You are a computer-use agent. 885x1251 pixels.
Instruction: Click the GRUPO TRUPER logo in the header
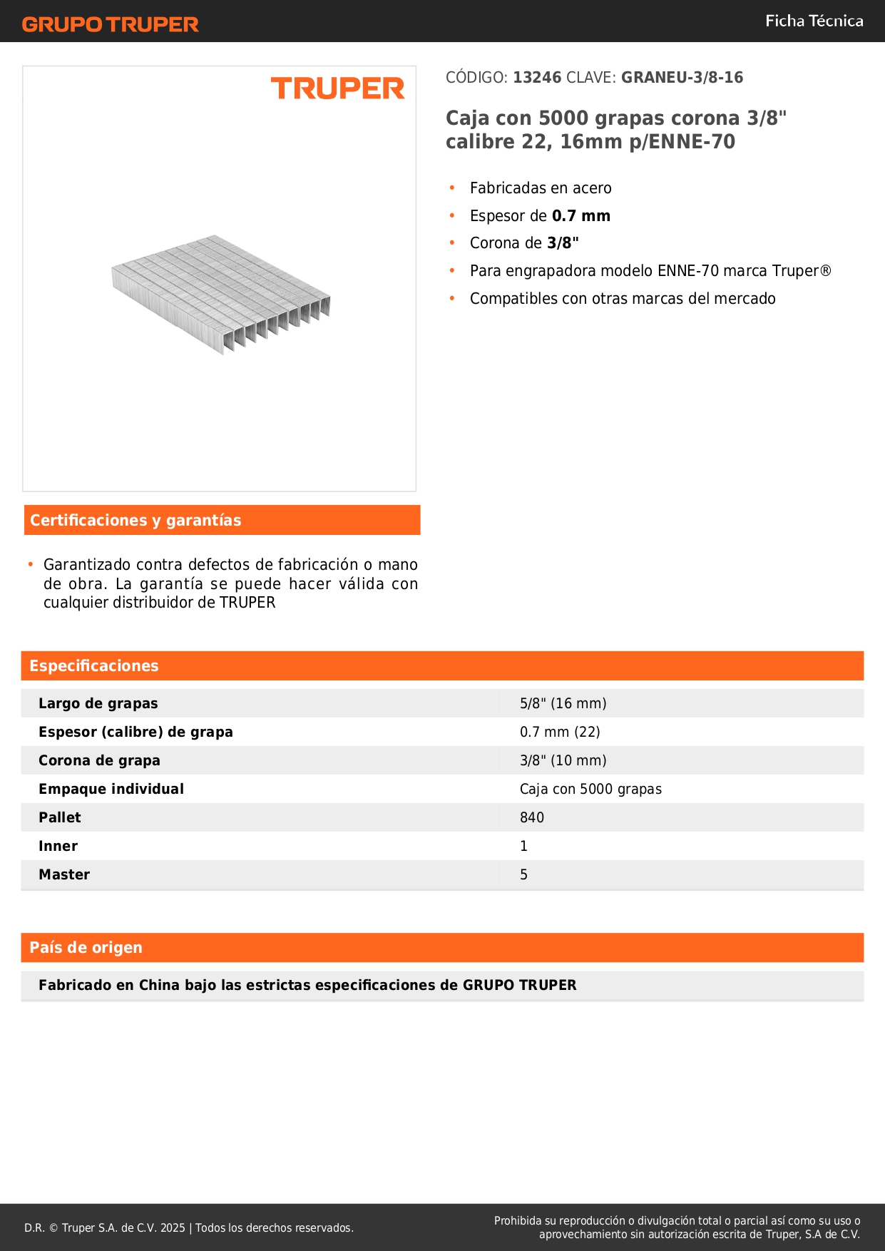110,24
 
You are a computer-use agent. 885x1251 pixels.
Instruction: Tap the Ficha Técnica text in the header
814,21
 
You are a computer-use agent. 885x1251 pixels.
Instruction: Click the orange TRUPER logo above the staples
337,88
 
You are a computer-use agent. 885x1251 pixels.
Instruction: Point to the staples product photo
221,293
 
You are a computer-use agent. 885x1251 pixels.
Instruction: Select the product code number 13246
537,77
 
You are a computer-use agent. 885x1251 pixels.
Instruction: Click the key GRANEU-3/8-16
682,77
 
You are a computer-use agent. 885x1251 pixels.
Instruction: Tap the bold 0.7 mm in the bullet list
580,215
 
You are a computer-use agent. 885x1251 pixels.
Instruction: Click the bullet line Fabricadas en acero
541,188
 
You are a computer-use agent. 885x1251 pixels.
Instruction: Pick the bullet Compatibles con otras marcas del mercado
622,298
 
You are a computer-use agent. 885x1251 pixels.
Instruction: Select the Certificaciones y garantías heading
135,520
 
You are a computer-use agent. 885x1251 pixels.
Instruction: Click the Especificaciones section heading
94,665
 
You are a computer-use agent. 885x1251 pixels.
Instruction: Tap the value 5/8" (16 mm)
563,703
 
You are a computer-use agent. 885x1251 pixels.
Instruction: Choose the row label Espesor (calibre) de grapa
135,732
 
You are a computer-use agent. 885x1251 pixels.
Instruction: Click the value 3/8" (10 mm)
563,760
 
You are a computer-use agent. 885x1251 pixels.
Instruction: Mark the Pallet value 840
531,817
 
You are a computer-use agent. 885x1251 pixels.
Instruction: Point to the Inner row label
58,846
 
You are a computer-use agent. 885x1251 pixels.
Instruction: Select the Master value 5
523,874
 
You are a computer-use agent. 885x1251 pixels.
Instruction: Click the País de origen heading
86,947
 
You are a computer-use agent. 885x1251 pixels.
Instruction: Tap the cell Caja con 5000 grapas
590,789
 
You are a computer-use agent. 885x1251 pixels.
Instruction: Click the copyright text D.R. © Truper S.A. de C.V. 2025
105,1227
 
